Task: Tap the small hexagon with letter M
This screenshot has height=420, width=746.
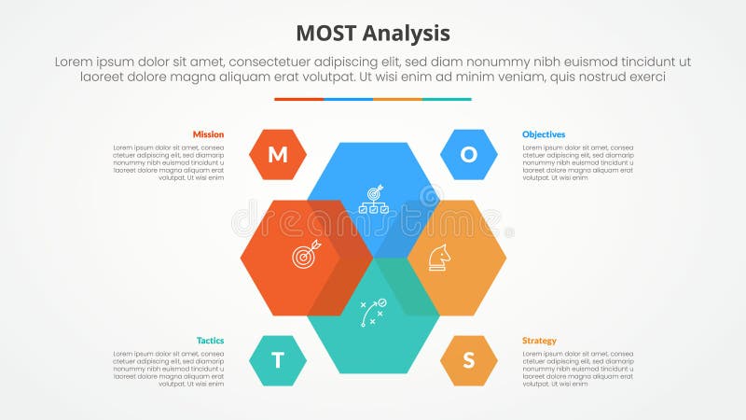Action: [278, 155]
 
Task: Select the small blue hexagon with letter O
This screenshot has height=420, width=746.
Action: [468, 155]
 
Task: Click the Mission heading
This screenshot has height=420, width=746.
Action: [208, 134]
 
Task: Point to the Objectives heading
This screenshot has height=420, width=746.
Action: [544, 134]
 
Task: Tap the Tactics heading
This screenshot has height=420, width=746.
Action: [210, 341]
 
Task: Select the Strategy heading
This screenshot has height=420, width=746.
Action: [539, 341]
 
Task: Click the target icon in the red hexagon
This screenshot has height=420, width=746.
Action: [306, 255]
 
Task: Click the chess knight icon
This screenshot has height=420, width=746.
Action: [438, 257]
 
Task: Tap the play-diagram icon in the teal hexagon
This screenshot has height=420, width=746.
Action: [373, 312]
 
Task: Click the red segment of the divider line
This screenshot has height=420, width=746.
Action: [298, 99]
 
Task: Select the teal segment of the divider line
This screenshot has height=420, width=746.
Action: [447, 99]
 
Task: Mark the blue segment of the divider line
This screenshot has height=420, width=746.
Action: [348, 99]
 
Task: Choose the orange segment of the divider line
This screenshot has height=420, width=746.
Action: [397, 99]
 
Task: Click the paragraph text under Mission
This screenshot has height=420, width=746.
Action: [169, 162]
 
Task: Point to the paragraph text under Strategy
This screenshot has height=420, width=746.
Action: [578, 369]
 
